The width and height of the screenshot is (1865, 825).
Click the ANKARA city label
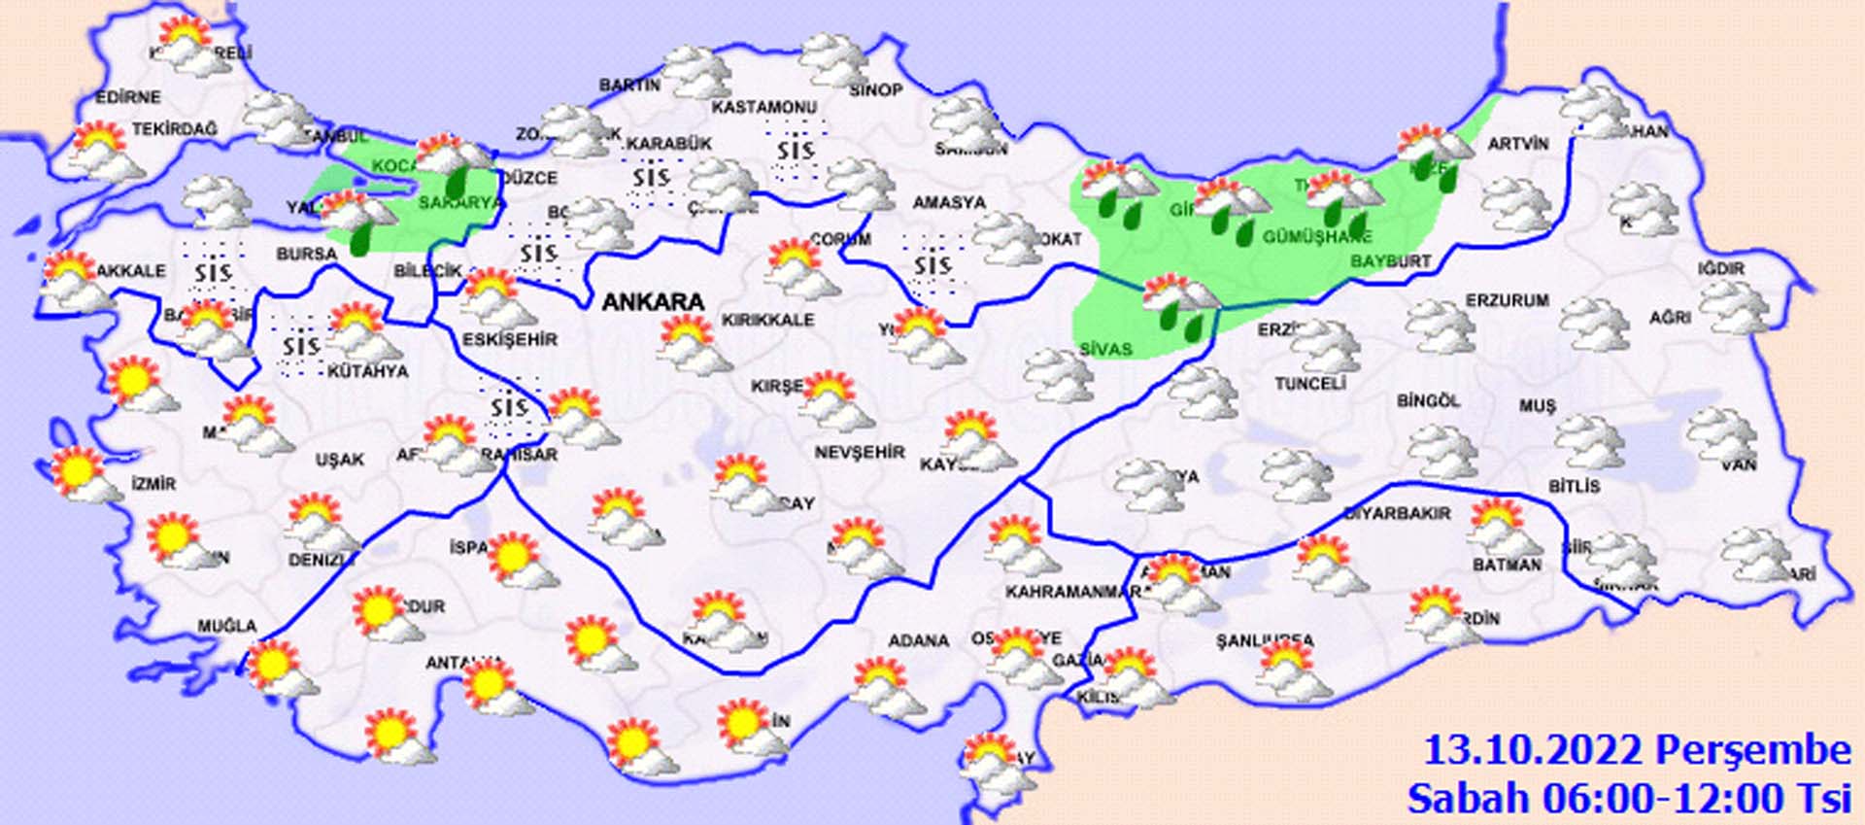[653, 302]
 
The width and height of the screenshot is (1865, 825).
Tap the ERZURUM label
[1507, 300]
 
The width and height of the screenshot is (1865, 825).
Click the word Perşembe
[1752, 751]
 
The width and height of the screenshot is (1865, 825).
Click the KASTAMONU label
[764, 106]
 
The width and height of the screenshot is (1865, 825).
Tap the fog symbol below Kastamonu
[795, 152]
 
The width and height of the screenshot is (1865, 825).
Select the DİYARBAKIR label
[1397, 513]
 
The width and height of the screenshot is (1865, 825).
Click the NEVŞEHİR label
[860, 452]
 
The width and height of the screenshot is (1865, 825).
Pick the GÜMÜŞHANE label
[1317, 237]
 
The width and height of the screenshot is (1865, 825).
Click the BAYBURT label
[1391, 261]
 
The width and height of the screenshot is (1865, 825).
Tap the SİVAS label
[1105, 348]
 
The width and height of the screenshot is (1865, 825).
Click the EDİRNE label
[128, 97]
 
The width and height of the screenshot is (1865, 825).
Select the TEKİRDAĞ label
[175, 128]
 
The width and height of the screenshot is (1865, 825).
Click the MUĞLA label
[227, 627]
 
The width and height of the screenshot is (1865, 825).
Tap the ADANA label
[918, 640]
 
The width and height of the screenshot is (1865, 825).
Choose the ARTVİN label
[1518, 144]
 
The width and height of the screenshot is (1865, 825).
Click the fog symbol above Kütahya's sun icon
[300, 345]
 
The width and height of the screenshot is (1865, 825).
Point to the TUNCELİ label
[1309, 384]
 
